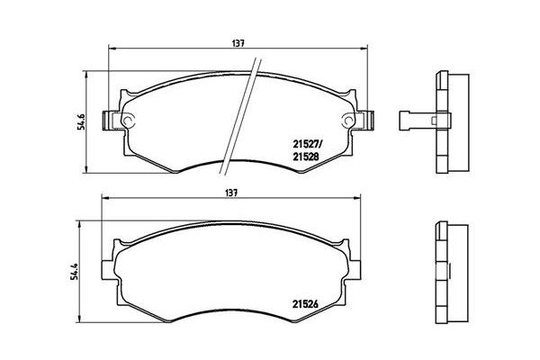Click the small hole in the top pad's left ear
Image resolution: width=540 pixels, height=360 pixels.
pos(127,121)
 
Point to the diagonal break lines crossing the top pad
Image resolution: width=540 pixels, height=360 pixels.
pos(248,103)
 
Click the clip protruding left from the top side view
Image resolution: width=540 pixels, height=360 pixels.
pos(413,116)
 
